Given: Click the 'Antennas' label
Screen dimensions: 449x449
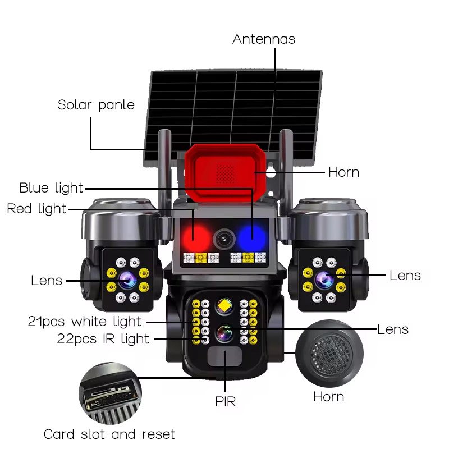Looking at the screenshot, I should (x=264, y=39).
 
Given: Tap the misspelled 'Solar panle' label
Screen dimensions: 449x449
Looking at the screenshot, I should (x=96, y=105).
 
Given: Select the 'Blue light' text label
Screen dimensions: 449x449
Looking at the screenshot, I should (x=51, y=188).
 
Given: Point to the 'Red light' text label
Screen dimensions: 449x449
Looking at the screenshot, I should (x=36, y=209).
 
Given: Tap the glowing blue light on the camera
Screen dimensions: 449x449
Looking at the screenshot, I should (x=250, y=236).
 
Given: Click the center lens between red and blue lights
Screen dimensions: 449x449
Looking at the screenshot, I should (x=223, y=239).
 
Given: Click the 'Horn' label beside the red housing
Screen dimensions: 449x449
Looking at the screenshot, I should (x=343, y=172).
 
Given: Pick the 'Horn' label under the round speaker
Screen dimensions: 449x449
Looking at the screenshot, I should (x=328, y=397).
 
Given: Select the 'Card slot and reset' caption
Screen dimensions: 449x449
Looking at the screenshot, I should (x=109, y=434).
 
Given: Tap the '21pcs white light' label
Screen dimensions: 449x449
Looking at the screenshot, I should (x=85, y=322).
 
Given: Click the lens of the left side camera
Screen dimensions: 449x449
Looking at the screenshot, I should (x=125, y=278).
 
